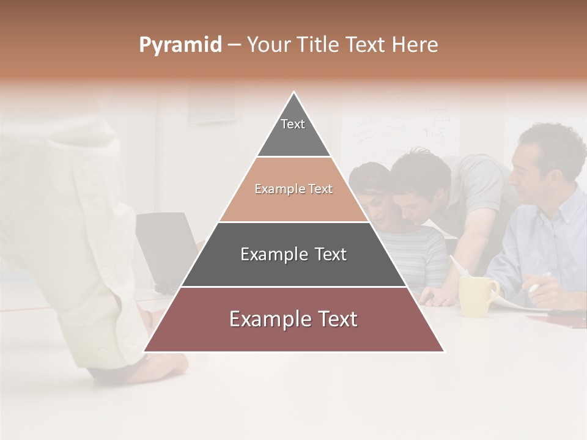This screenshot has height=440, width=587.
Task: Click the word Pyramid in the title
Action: click(x=180, y=45)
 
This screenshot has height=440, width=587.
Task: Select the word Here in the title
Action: click(x=415, y=45)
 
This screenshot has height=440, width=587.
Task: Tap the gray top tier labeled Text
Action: click(x=293, y=131)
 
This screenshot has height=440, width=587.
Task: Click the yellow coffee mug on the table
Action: click(x=478, y=296)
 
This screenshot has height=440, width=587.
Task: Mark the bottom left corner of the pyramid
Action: click(x=145, y=351)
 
